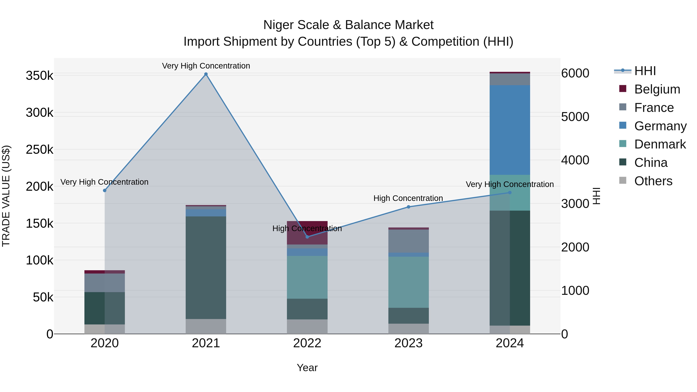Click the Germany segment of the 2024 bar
tap(510, 130)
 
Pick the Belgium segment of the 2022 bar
tap(307, 233)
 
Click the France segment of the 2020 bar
tap(105, 283)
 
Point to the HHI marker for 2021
tap(206, 74)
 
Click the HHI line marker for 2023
tap(409, 207)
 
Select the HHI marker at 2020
tap(105, 190)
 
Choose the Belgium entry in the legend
tap(657, 89)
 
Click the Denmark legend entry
tap(660, 144)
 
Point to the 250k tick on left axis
tap(39, 149)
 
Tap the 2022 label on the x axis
tap(307, 343)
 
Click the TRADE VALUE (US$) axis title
tap(6, 196)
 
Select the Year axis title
tap(307, 368)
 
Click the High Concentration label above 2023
tap(408, 198)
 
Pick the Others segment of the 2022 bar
tap(307, 327)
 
